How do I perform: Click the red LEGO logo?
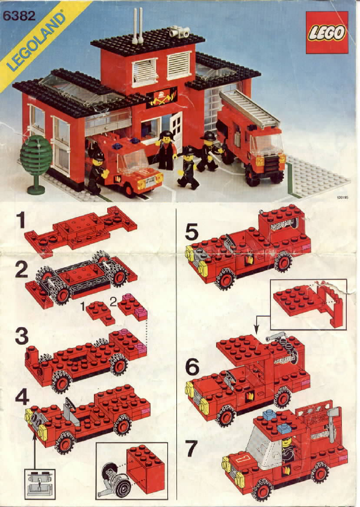tap(327, 33)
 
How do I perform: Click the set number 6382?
tap(19, 16)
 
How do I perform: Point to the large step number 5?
tap(191, 232)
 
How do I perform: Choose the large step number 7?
tap(191, 449)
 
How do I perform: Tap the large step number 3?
tap(22, 336)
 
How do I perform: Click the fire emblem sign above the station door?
tap(161, 97)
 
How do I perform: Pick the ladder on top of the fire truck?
tap(249, 108)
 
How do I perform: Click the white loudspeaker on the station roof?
tap(179, 32)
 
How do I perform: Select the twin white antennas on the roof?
tap(138, 26)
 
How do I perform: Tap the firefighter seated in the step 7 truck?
tap(288, 450)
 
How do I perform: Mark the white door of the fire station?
tap(176, 128)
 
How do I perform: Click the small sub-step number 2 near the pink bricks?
tap(113, 302)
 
